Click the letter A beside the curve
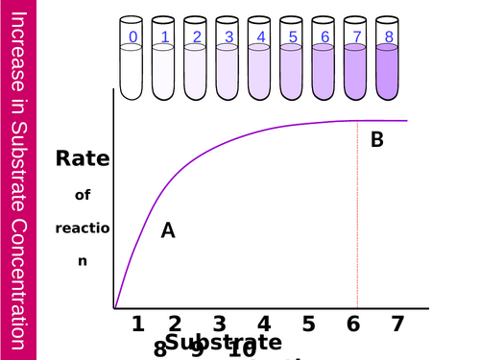pyautogui.click(x=168, y=230)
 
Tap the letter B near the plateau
pyautogui.click(x=377, y=140)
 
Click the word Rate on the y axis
pyautogui.click(x=82, y=159)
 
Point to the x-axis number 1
pyautogui.click(x=138, y=324)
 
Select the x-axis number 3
pyautogui.click(x=219, y=324)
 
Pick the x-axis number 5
pyautogui.click(x=307, y=324)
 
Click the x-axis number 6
pyautogui.click(x=353, y=324)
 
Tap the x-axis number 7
pyautogui.click(x=396, y=324)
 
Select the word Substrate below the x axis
pyautogui.click(x=224, y=342)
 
